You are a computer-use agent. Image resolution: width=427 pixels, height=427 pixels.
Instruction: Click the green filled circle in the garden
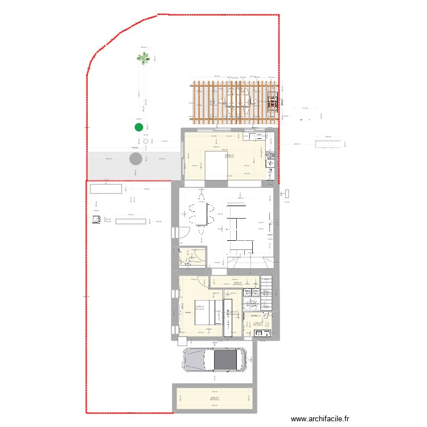coord(138,128)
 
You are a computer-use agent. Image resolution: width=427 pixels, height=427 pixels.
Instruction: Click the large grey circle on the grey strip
coord(136,158)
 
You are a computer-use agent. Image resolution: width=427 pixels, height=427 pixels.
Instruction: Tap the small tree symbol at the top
coord(143,58)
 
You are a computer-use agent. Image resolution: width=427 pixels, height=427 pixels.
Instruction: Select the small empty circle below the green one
coord(146,141)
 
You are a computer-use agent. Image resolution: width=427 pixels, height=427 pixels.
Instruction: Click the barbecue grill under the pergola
coord(274,102)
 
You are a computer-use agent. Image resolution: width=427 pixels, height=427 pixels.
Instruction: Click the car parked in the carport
coord(214,359)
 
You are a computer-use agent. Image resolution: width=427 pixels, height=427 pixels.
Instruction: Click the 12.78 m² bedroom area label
coord(200,308)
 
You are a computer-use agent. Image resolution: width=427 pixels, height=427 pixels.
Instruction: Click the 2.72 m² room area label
coord(257,323)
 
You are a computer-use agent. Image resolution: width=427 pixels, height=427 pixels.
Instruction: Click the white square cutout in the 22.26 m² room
coord(216,165)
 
